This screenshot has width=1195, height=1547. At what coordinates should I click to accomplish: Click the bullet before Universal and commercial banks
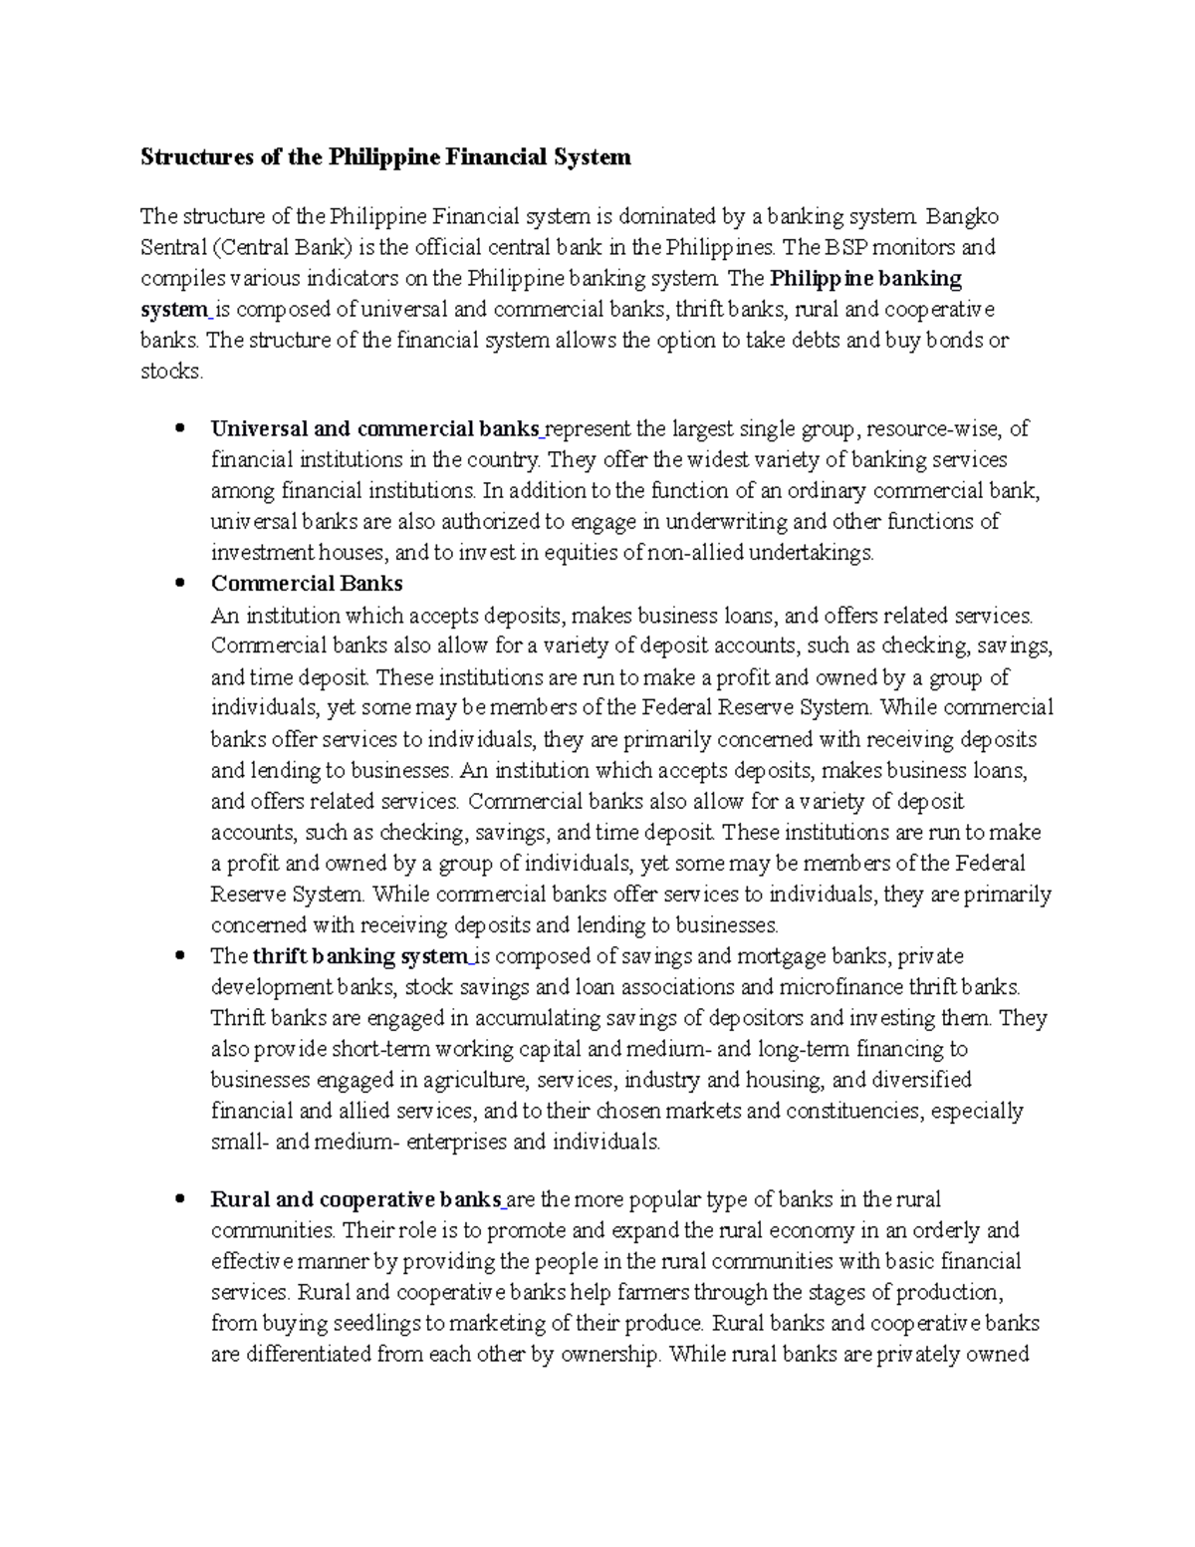coord(179,429)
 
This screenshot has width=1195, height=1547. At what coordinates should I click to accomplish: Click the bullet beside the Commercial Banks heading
coord(179,584)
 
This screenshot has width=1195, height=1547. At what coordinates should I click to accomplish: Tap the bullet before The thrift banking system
coord(179,956)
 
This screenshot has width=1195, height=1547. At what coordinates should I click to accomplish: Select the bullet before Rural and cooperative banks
coord(179,1199)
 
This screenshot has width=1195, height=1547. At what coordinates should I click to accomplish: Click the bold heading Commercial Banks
coord(307,583)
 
